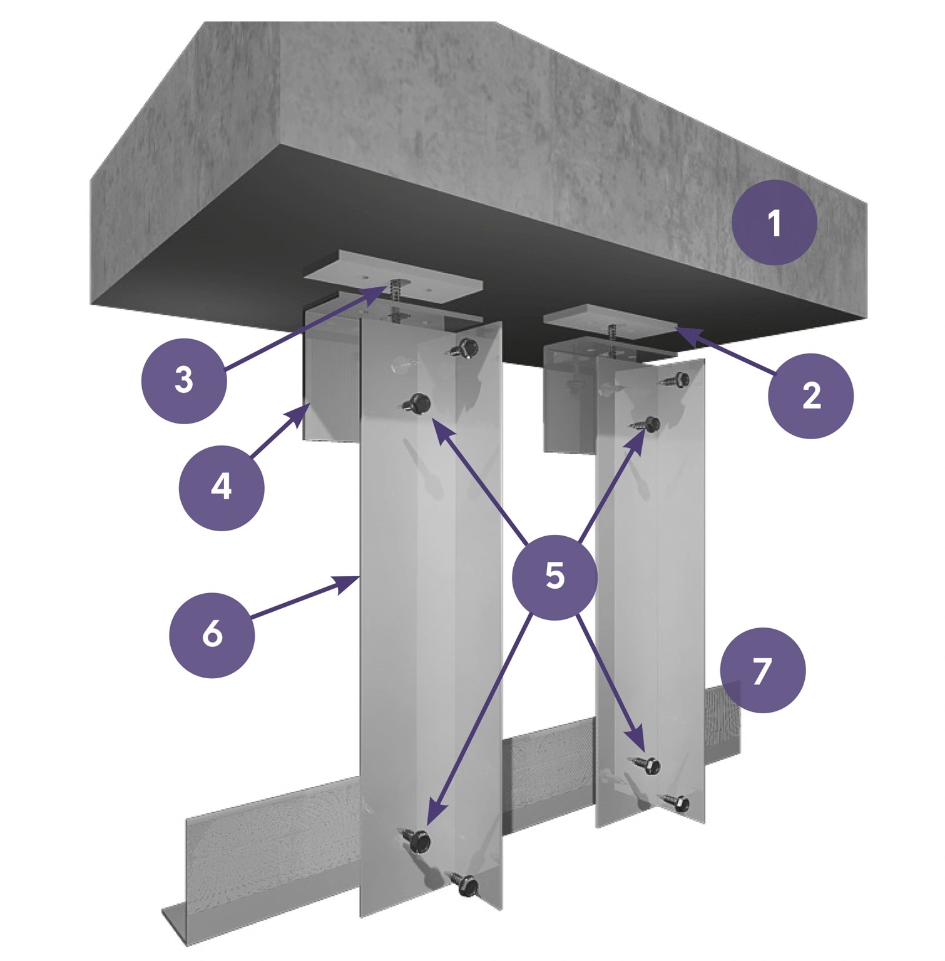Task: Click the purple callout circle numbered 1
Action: (774, 223)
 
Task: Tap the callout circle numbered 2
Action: (810, 395)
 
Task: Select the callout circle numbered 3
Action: (183, 380)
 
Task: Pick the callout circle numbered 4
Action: (221, 487)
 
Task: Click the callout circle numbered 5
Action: (554, 576)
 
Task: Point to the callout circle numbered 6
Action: (212, 634)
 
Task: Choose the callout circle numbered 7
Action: (762, 670)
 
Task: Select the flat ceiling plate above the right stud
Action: (611, 322)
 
